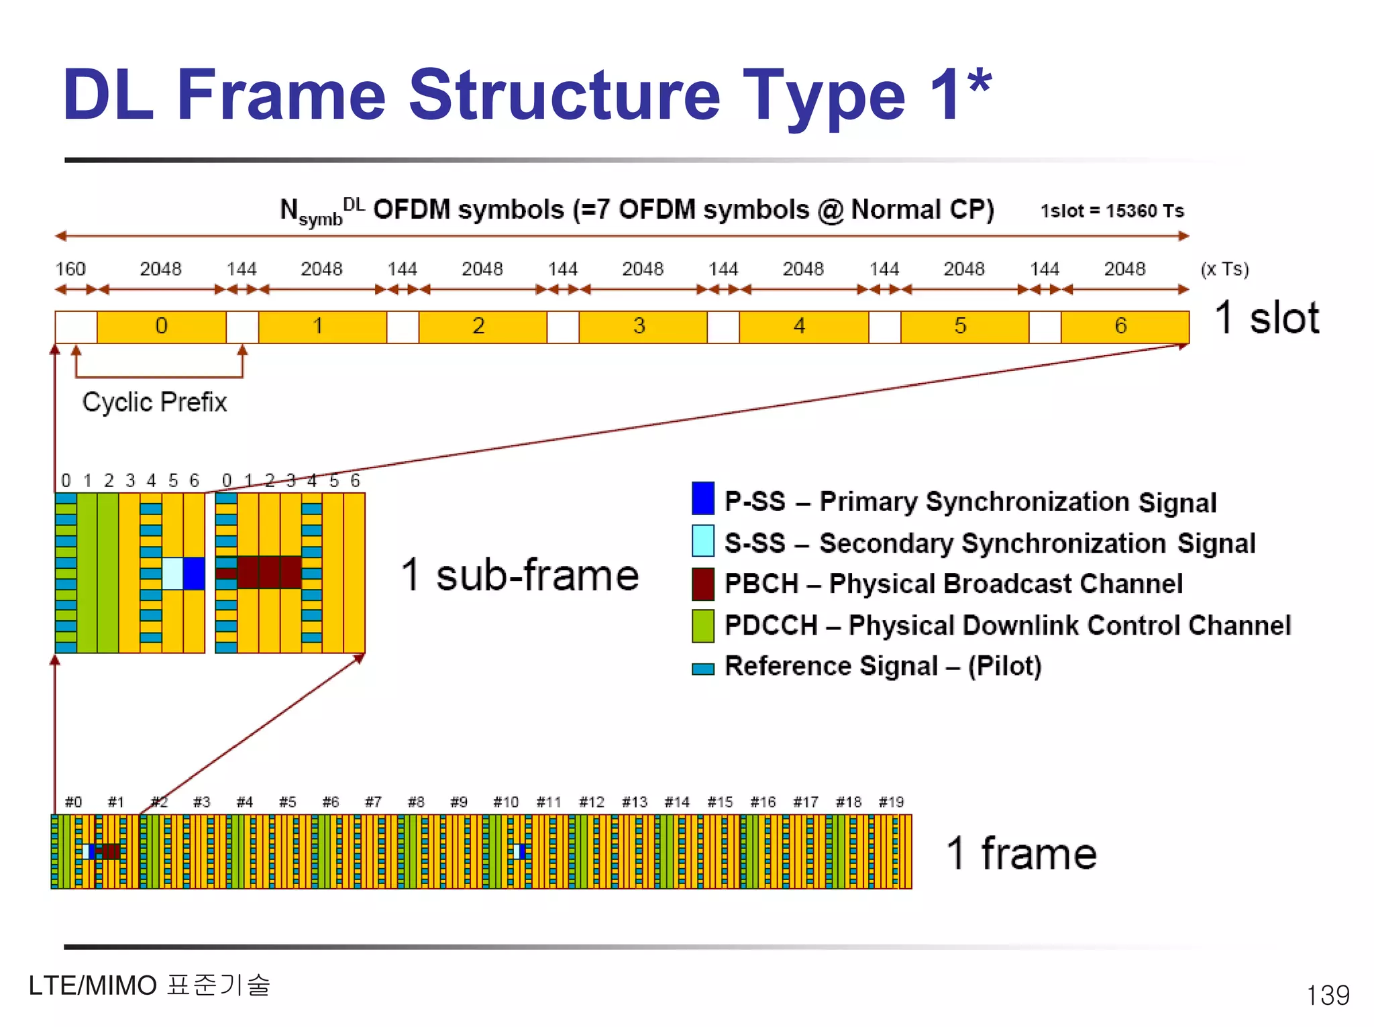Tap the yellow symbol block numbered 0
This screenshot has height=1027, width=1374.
tap(161, 327)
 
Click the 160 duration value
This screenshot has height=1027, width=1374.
tap(70, 269)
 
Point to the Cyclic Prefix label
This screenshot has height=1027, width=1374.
tap(154, 402)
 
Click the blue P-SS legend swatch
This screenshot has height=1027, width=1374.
tap(702, 498)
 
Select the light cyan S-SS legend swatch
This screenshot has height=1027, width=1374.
tap(702, 541)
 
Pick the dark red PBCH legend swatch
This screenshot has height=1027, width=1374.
tap(702, 584)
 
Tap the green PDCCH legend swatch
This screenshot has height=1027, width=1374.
tap(702, 625)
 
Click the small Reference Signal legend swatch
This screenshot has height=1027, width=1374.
tap(702, 669)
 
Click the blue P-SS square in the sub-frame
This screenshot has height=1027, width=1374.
tap(194, 574)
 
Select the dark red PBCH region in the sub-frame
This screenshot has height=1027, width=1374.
tap(268, 572)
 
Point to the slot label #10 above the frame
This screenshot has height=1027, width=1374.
tap(506, 802)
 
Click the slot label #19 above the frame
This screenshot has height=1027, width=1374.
tap(891, 802)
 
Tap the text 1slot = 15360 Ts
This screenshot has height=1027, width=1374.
tap(1112, 211)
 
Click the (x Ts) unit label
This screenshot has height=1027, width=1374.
tap(1224, 269)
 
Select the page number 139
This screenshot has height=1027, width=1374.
tap(1327, 995)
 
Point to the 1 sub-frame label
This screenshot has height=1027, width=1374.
tap(520, 576)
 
